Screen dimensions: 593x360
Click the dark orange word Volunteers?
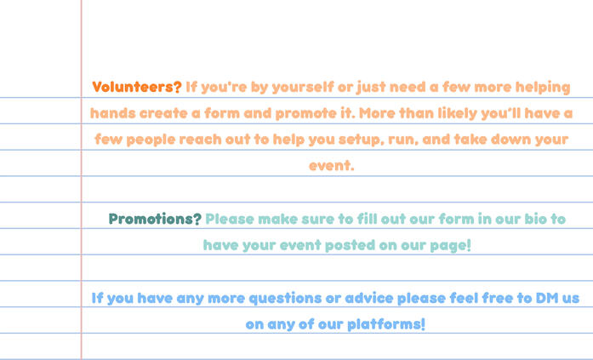point(137,87)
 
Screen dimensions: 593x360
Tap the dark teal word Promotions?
point(155,219)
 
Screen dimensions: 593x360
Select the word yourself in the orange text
point(303,88)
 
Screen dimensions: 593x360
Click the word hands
point(112,113)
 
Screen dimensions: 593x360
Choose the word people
point(151,140)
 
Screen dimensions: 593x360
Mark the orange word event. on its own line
point(331,166)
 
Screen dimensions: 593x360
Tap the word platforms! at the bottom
point(386,324)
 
